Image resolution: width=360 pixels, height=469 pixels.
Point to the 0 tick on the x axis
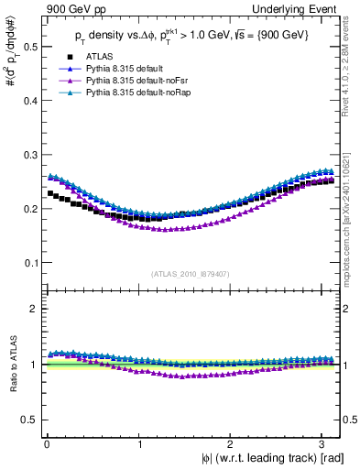coord(46,444)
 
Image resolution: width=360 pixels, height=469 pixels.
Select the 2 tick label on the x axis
coord(234,444)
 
